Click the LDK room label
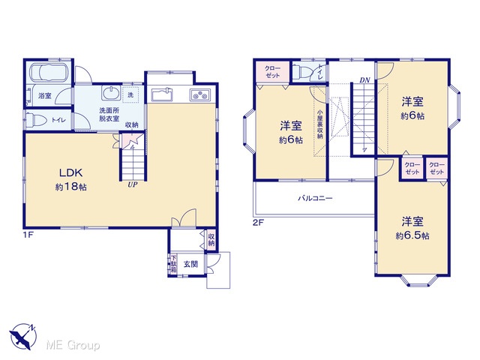click(70, 172)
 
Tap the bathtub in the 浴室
click(48, 73)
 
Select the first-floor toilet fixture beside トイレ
click(36, 120)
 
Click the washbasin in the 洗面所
click(111, 93)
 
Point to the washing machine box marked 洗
click(130, 94)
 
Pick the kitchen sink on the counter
click(162, 94)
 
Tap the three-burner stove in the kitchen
click(200, 94)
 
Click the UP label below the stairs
click(132, 185)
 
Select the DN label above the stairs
click(365, 80)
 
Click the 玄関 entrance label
click(190, 264)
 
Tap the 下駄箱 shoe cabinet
click(173, 264)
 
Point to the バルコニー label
click(315, 198)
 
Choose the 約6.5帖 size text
click(412, 235)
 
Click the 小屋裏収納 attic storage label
click(320, 124)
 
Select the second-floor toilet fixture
click(301, 73)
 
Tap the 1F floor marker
click(28, 235)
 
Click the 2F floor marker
click(258, 223)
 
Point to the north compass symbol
click(23, 336)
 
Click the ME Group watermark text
click(73, 345)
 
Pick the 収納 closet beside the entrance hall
click(211, 240)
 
